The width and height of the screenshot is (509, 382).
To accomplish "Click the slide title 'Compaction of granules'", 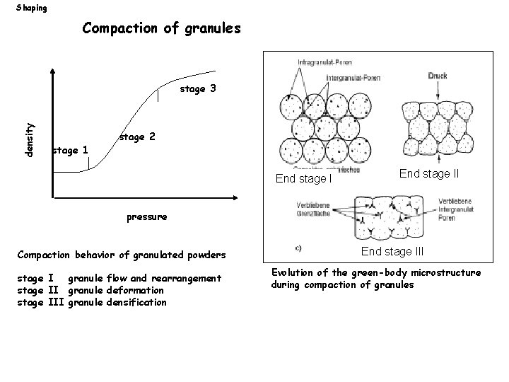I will [x=162, y=29].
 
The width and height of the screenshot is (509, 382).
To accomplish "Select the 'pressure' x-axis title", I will [x=147, y=217].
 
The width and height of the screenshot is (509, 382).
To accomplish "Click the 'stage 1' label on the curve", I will [x=71, y=150].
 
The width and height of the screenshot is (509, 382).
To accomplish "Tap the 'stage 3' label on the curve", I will [x=198, y=89].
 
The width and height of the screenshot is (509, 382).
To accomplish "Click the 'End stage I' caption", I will [x=303, y=179].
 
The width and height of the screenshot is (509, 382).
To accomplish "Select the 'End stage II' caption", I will [x=429, y=173].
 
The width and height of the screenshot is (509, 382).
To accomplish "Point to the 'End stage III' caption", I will [x=392, y=250].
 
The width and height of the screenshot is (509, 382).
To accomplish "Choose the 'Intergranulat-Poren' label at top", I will [x=353, y=78].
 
